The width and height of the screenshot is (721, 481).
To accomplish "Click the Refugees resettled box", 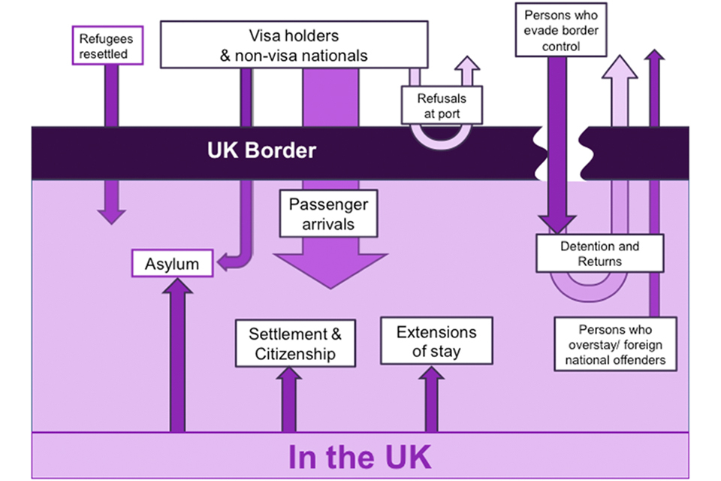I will pos(105,46).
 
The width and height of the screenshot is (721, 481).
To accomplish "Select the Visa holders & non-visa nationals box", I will pos(294,45).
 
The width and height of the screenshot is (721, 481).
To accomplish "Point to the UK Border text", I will pos(261,150).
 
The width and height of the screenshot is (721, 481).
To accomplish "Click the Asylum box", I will pos(173,264).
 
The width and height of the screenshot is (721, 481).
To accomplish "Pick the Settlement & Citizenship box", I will pos(294,343).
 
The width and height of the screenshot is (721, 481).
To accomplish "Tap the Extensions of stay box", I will pos(436,341).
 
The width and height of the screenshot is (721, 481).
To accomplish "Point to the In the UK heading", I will pos(360,457).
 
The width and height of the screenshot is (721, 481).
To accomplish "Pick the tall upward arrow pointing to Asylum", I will pos(177,353).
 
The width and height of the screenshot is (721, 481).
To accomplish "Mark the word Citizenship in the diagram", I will pos(294,354).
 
